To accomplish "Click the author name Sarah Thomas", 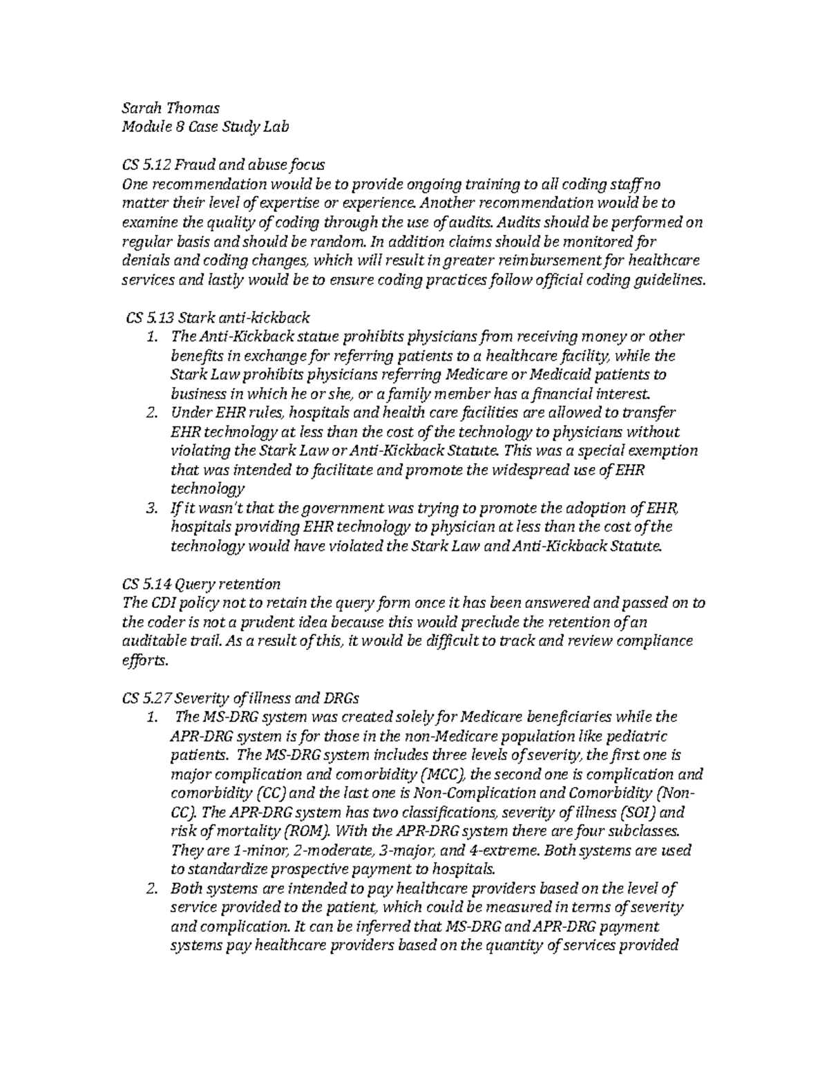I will (171, 108).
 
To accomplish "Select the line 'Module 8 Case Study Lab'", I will (204, 127).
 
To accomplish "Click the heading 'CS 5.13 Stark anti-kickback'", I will (218, 318).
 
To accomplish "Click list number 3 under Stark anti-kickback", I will (153, 509).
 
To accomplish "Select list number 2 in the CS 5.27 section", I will (153, 888).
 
